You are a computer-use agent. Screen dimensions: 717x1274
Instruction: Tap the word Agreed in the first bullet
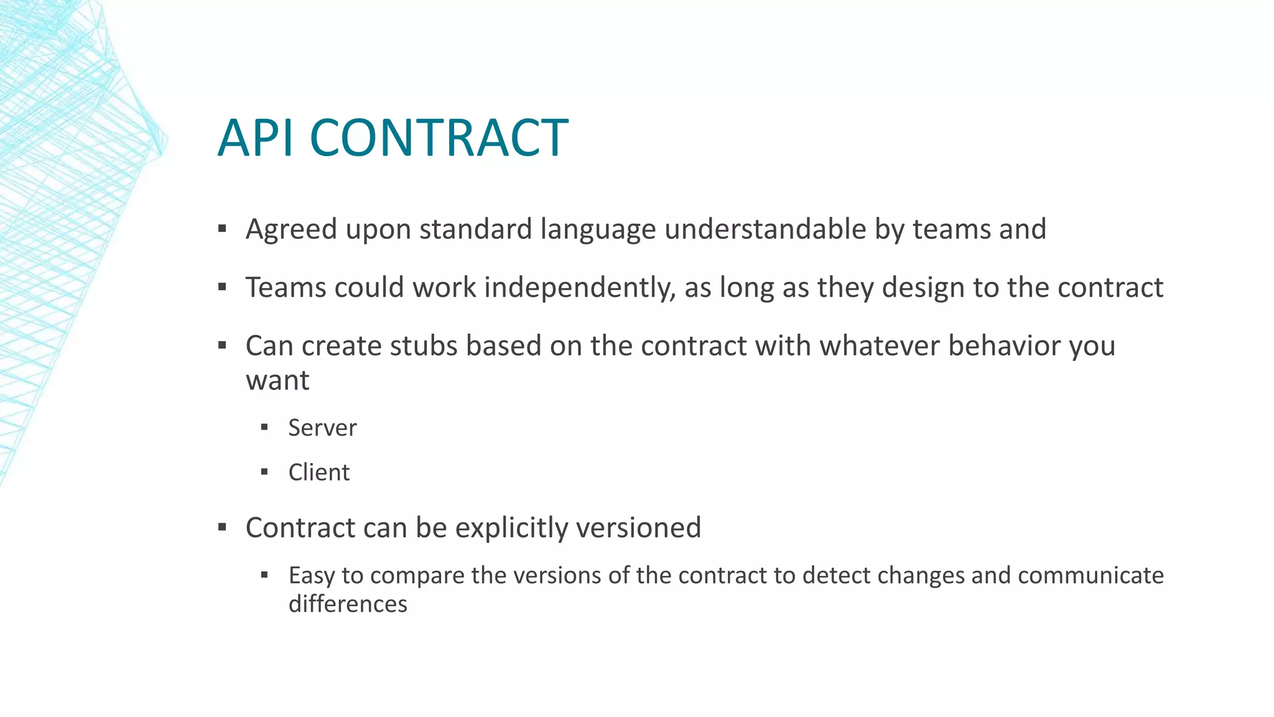click(x=291, y=230)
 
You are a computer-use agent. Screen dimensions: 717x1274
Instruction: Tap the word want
click(x=277, y=380)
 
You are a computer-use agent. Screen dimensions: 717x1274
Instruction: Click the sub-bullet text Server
click(x=322, y=428)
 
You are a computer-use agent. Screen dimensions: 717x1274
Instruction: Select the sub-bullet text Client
click(x=318, y=472)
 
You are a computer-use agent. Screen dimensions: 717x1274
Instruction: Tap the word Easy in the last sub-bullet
click(x=310, y=575)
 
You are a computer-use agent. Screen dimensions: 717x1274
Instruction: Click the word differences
click(x=348, y=604)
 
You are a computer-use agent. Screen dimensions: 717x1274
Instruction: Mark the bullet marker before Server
click(x=264, y=428)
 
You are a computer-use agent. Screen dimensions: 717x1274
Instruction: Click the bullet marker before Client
click(x=264, y=472)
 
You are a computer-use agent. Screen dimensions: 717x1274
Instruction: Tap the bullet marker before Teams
click(x=222, y=288)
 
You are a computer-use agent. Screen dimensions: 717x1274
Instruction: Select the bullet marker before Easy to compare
click(x=264, y=575)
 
